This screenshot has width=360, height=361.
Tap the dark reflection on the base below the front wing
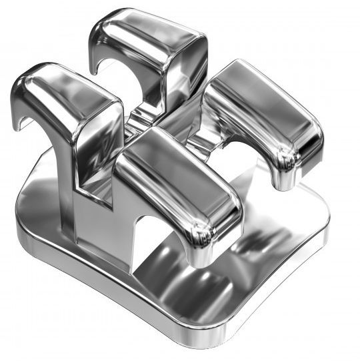[180, 280]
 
